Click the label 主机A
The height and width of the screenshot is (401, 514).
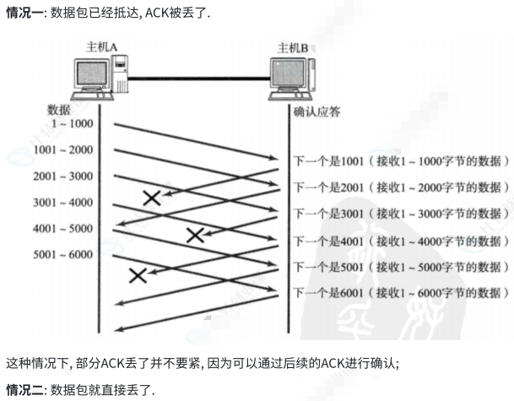pos(101,46)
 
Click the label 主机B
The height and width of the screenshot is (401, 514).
pos(295,46)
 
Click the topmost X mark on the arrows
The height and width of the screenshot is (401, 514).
pos(152,198)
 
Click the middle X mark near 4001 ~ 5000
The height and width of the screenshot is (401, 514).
pos(195,235)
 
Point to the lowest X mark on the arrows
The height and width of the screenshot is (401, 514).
pos(138,274)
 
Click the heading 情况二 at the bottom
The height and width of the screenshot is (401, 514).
pos(24,389)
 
